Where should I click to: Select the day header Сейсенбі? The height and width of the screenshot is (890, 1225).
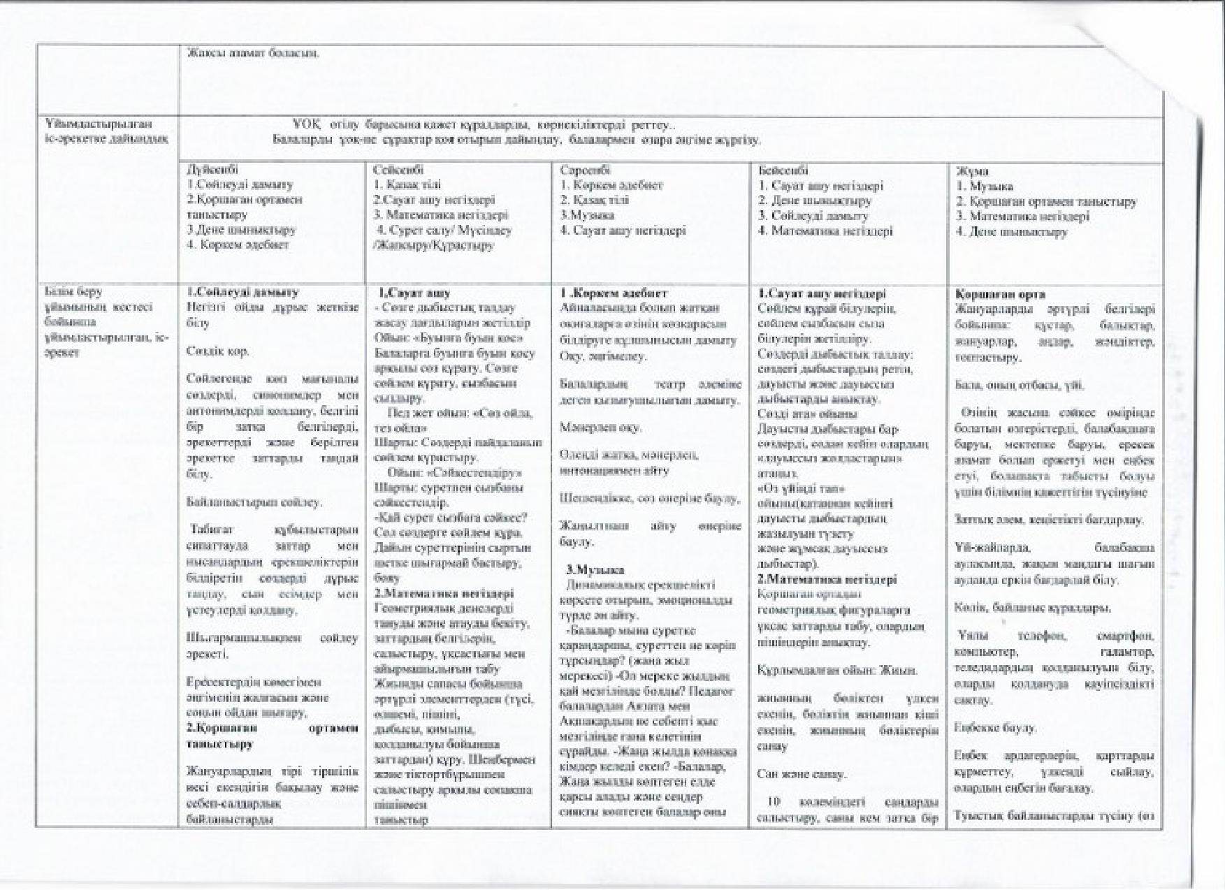pyautogui.click(x=398, y=170)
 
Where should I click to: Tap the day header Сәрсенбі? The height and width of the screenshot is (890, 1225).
pyautogui.click(x=585, y=170)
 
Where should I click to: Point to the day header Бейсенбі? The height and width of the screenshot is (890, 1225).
pyautogui.click(x=783, y=170)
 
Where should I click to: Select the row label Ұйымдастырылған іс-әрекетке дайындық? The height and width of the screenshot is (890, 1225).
pyautogui.click(x=106, y=131)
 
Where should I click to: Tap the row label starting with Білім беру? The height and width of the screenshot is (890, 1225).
pyautogui.click(x=105, y=322)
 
